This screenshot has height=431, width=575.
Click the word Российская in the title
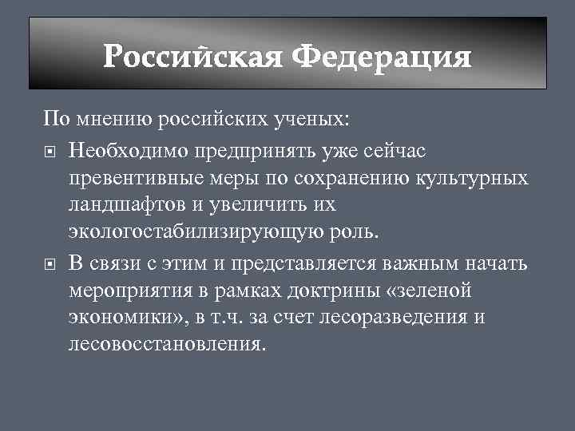(194, 57)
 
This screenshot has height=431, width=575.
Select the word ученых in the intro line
(309, 120)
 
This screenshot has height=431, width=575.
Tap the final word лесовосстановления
(165, 345)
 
